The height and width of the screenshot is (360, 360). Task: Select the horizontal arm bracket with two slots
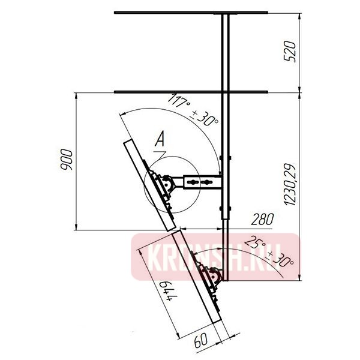pyautogui.click(x=201, y=180)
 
